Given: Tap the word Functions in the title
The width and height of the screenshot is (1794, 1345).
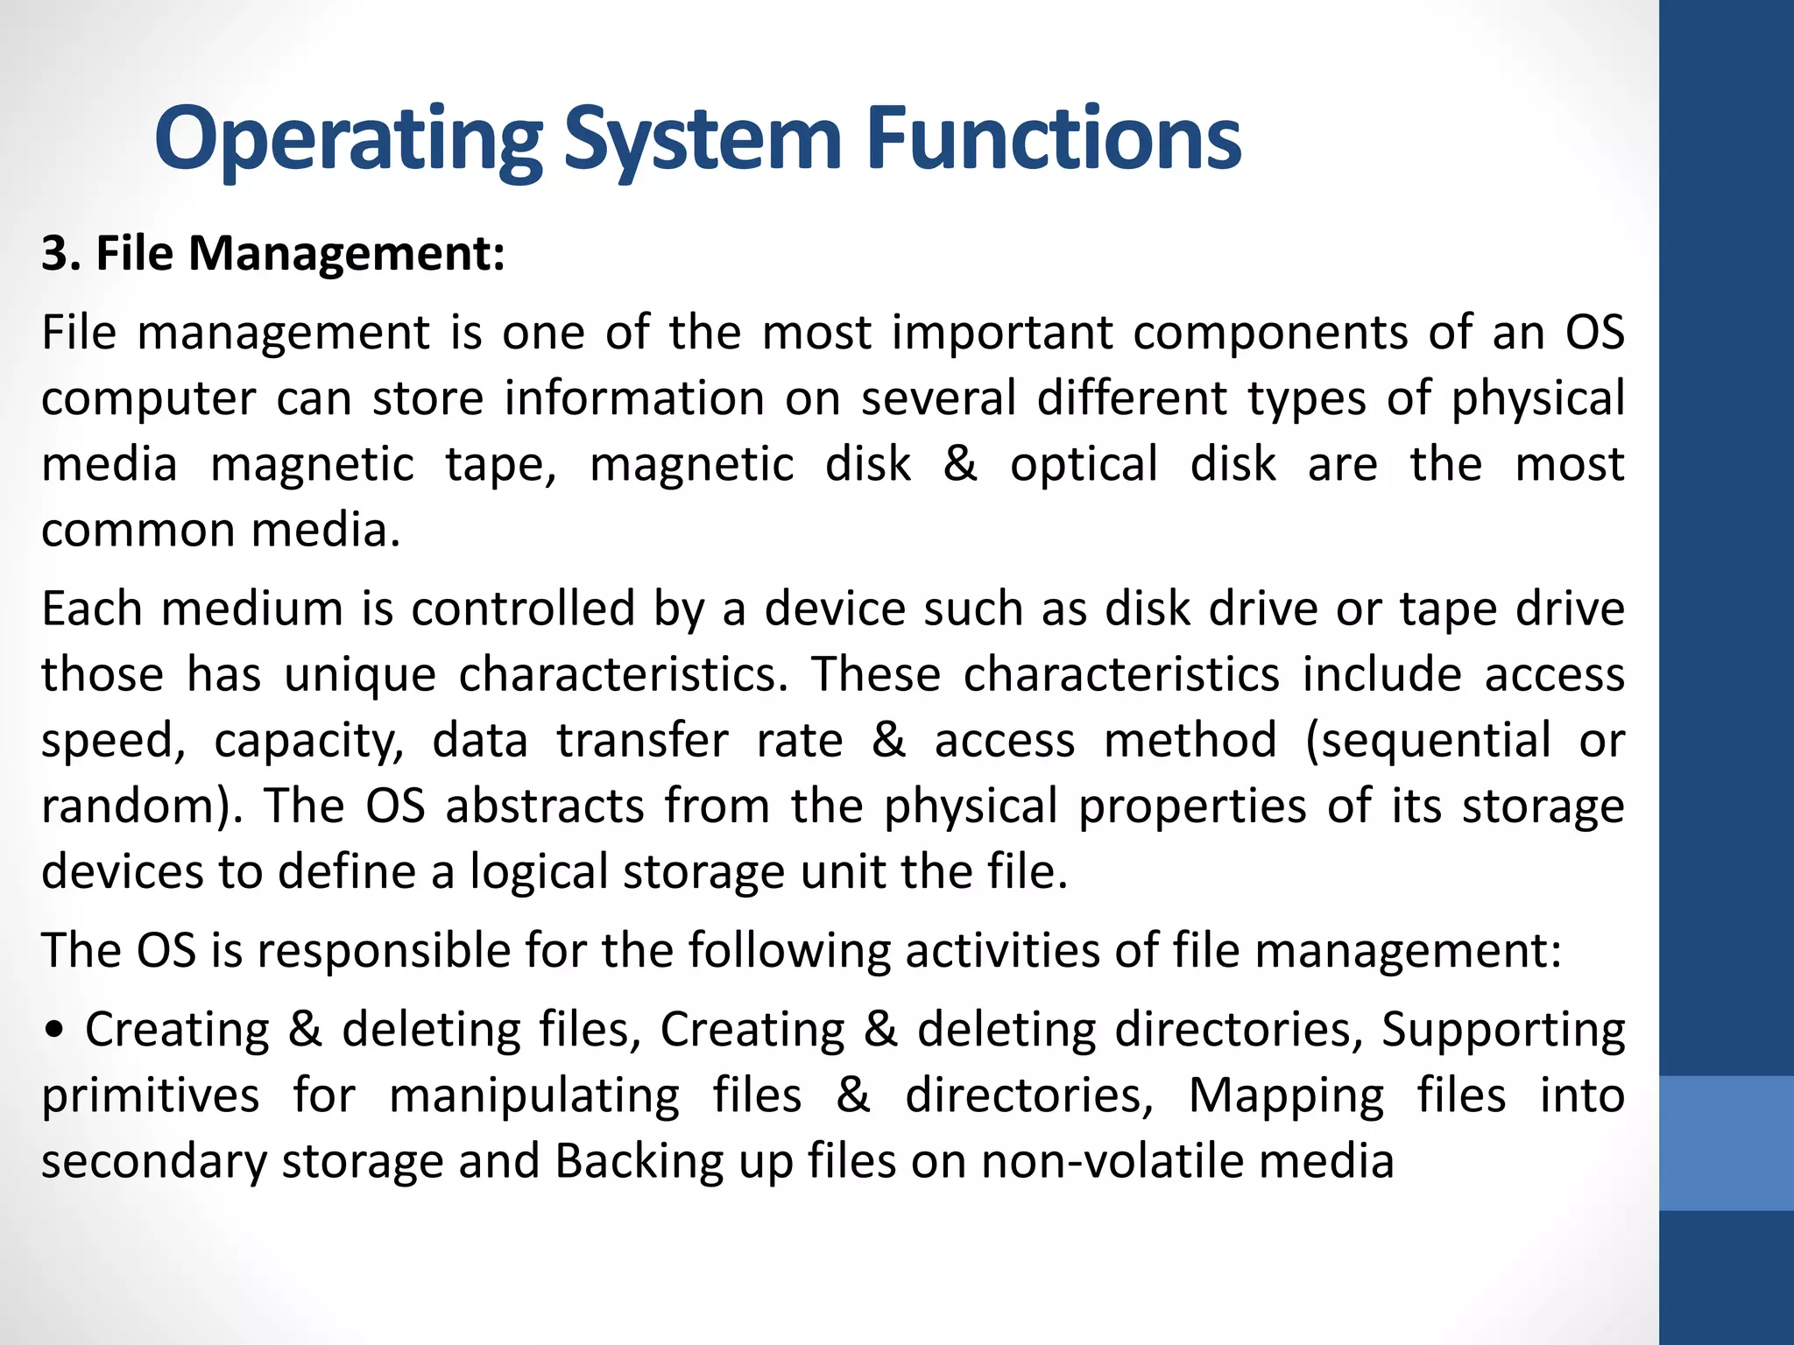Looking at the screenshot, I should (x=1053, y=138).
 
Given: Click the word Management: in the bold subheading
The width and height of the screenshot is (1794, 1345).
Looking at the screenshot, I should (x=347, y=254).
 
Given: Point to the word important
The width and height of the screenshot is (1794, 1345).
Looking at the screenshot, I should (x=1002, y=334).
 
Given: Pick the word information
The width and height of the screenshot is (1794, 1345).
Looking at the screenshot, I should (x=634, y=399).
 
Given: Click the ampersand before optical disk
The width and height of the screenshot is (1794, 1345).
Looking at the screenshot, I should (x=960, y=464).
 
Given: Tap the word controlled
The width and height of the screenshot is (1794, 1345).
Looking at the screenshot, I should (x=523, y=609).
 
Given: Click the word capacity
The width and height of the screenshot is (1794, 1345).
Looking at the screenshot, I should (x=308, y=742).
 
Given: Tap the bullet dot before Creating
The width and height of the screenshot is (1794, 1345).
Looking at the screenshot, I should (x=55, y=1032).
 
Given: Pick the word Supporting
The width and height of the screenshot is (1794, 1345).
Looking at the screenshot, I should (x=1503, y=1031).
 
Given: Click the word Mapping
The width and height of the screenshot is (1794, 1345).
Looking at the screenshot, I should (x=1286, y=1096).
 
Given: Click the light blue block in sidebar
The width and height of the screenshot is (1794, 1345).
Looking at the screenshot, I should (x=1726, y=1143).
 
